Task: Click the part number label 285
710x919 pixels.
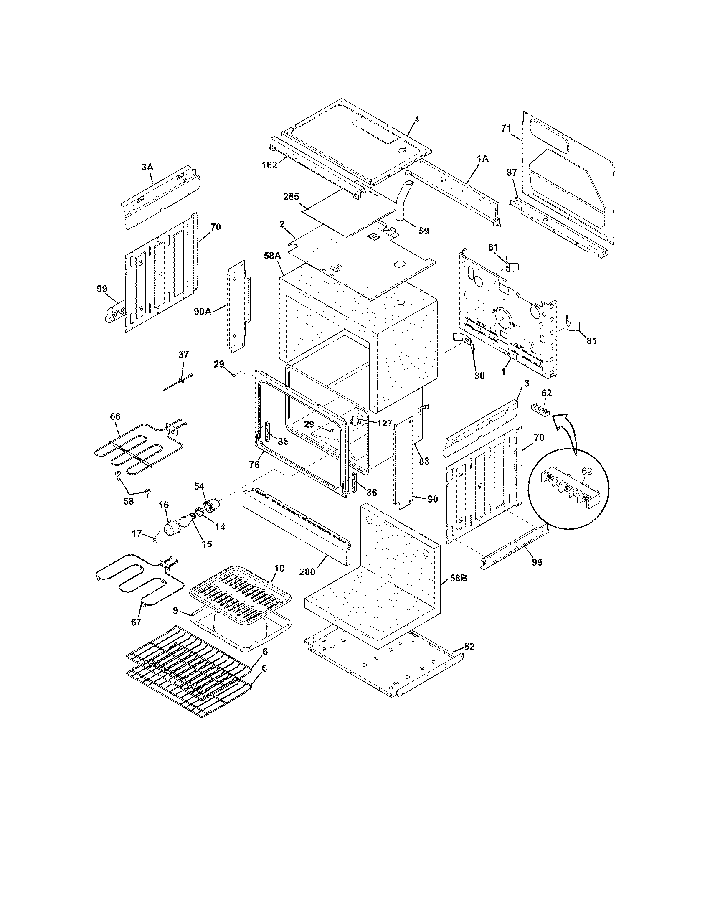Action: click(291, 196)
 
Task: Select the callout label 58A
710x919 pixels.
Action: click(273, 255)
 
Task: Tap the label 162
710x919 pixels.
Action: click(269, 165)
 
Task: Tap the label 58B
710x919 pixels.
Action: click(458, 579)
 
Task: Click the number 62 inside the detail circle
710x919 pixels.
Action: click(586, 471)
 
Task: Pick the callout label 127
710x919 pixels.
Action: click(384, 424)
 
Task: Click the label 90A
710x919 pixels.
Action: click(203, 311)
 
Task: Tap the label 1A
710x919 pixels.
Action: click(482, 159)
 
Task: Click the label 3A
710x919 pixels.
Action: click(147, 167)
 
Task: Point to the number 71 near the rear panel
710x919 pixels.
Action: click(507, 128)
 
